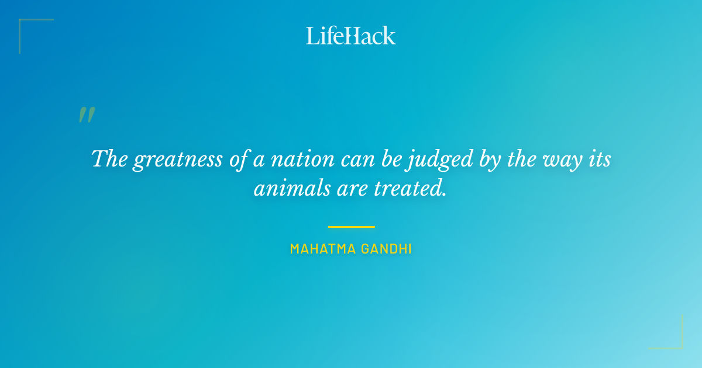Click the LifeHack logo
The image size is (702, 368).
click(351, 36)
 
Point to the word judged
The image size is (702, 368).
click(431, 159)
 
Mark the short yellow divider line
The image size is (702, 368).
click(351, 227)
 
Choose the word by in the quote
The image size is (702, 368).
click(487, 159)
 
